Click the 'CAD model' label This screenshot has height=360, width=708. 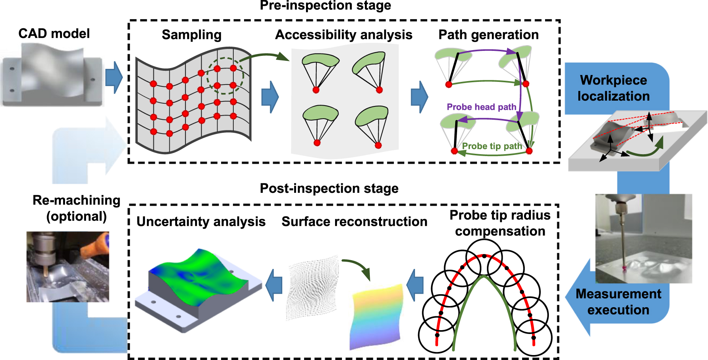pos(54,34)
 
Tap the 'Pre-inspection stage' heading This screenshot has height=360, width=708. pos(325,5)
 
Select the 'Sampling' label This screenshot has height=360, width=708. pos(191,35)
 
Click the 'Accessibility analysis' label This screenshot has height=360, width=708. pos(343,35)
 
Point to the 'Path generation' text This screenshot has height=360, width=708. pos(488,35)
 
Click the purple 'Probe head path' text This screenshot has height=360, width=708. pos(481,107)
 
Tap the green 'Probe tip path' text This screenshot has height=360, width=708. pos(492,146)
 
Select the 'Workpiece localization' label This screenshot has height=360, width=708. pos(613,88)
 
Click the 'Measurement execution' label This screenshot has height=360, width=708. pos(618,301)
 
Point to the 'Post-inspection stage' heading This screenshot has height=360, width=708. pos(329,188)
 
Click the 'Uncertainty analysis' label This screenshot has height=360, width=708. pos(201,222)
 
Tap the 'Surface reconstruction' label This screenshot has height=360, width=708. pos(354,222)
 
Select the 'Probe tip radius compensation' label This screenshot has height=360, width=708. pos(500,223)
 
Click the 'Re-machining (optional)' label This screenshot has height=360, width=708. pos(76,208)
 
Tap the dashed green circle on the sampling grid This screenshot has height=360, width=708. pos(225,76)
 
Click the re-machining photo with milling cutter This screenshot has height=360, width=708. pos(68,267)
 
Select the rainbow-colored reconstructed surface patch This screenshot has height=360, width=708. pos(376,316)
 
